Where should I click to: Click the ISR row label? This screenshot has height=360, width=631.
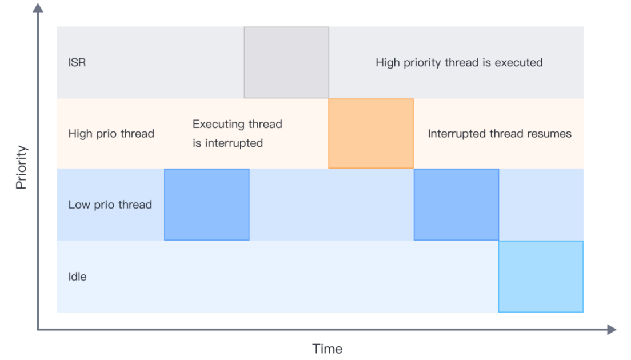pos(77,63)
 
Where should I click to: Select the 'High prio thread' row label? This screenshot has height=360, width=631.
pos(111,134)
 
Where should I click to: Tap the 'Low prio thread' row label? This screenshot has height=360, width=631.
pos(110,205)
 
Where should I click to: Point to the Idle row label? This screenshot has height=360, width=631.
pos(77,277)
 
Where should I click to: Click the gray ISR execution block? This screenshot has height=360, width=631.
pos(286,63)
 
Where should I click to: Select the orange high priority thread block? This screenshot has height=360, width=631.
pos(371,134)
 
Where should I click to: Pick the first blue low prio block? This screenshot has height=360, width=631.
pos(207,205)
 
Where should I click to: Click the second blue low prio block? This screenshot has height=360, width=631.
pos(456,205)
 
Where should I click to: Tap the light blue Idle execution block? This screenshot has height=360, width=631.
pos(541,277)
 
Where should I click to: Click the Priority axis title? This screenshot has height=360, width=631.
pos(21,167)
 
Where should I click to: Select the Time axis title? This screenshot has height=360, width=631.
pos(327,349)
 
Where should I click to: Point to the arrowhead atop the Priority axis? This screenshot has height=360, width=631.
pos(38,7)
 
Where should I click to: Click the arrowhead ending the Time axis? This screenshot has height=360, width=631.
pos(612,330)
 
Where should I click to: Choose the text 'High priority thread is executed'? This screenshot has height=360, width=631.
pos(459,63)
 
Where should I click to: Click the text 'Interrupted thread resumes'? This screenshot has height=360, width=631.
pos(500,134)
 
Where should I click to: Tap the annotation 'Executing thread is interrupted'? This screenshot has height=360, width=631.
pos(237,134)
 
